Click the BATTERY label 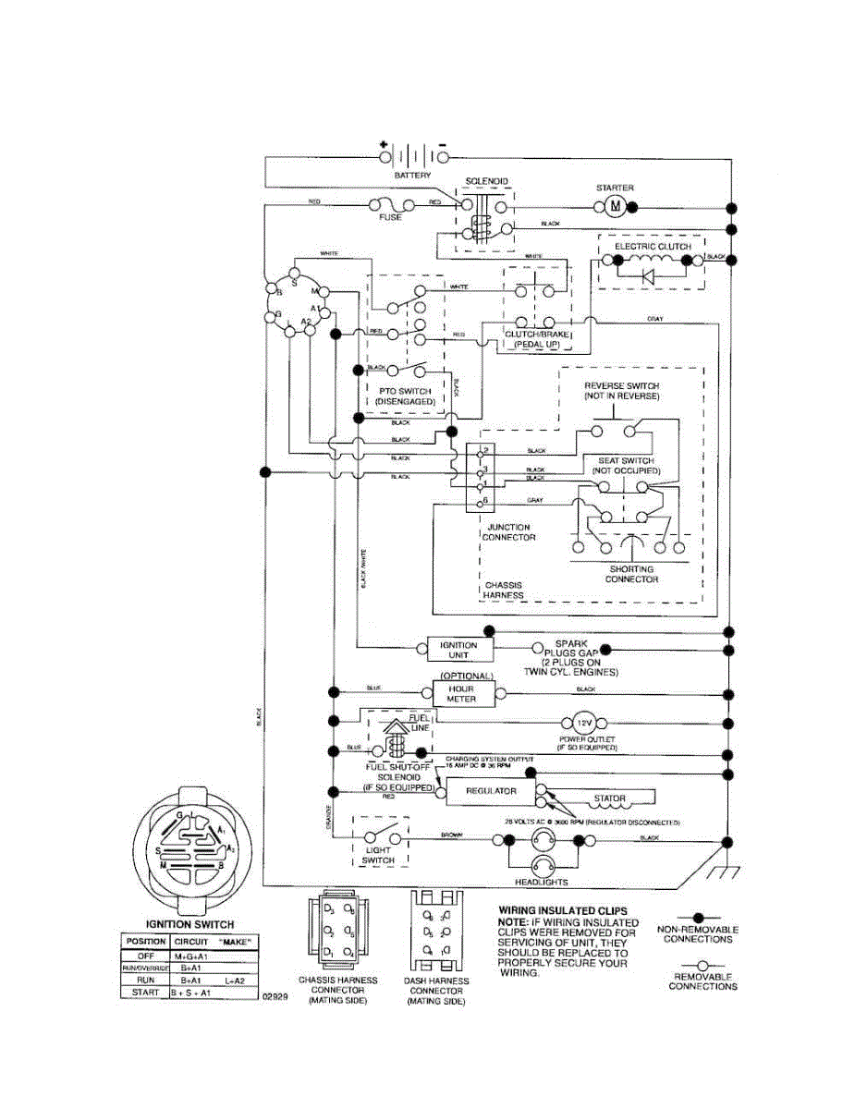[x=412, y=174]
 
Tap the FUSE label [x=391, y=217]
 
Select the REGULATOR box [x=491, y=792]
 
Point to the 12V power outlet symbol [x=583, y=723]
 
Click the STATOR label [x=610, y=798]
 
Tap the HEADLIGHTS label [x=542, y=882]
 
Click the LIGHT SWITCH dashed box [x=379, y=841]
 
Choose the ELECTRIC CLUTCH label [x=646, y=247]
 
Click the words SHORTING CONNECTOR [x=631, y=574]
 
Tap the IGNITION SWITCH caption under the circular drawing [x=190, y=923]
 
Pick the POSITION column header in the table [x=146, y=941]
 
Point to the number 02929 [x=274, y=997]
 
